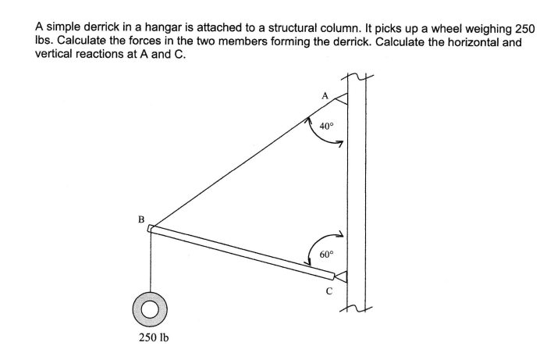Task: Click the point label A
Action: [x=326, y=95]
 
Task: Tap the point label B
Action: [x=141, y=219]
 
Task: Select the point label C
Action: [x=330, y=291]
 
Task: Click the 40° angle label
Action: [x=326, y=125]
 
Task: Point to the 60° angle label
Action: [x=326, y=255]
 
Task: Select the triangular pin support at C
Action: [x=341, y=276]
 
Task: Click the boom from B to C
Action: [x=242, y=251]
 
